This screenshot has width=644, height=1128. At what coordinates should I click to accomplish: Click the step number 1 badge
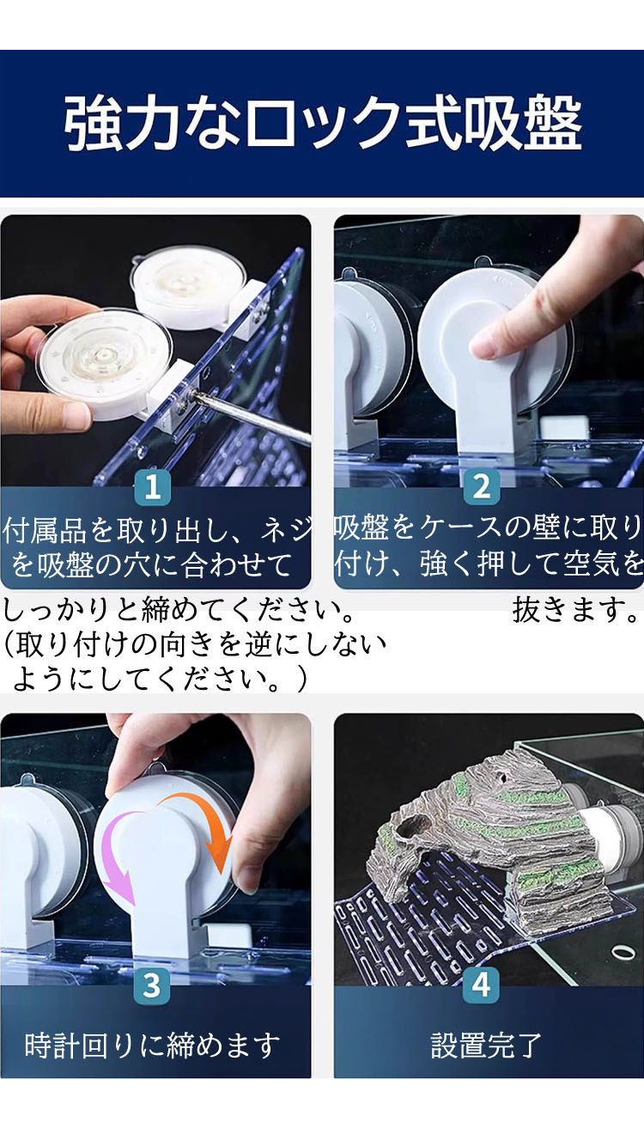(153, 486)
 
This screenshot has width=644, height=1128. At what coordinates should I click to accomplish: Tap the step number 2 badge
(482, 486)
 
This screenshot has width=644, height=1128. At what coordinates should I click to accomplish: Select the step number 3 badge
(153, 985)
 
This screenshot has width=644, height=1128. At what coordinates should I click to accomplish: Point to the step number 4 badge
(482, 985)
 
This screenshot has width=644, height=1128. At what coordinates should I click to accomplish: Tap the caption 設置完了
(486, 1045)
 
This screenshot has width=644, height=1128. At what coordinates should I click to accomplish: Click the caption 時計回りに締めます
(152, 1045)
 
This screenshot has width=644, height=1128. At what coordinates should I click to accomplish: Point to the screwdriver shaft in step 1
(252, 419)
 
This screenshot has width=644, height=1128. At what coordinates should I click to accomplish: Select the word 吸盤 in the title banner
(523, 124)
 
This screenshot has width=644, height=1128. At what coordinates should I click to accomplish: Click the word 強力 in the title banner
(122, 124)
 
